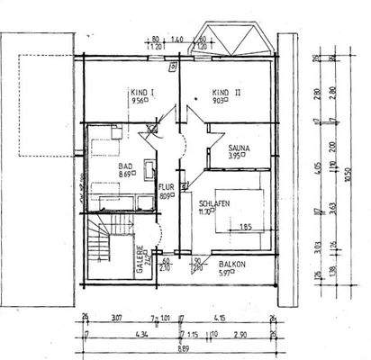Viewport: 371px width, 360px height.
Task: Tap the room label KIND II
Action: [224, 92]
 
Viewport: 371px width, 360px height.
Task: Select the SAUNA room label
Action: [239, 147]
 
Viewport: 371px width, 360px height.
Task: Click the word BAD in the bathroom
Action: [125, 166]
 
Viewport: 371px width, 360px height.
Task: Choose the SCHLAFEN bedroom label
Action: [215, 204]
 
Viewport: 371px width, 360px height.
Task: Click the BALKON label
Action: [234, 265]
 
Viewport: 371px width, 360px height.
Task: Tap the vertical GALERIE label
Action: [140, 260]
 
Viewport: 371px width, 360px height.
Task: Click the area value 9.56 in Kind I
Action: [137, 101]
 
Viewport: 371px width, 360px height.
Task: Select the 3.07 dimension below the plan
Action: [116, 318]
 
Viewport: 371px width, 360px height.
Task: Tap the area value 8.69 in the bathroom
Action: [125, 175]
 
